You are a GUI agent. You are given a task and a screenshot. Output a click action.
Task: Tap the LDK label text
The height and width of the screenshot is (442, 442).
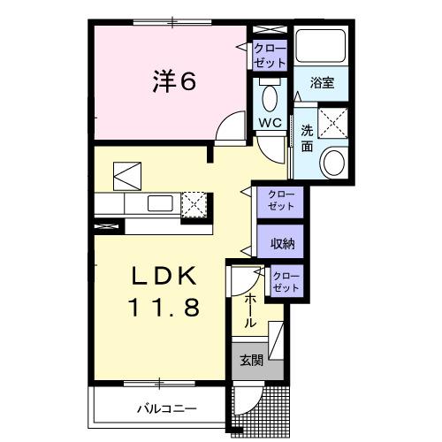(x=165, y=278)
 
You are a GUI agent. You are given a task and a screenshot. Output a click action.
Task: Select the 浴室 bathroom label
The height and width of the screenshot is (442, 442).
(x=323, y=83)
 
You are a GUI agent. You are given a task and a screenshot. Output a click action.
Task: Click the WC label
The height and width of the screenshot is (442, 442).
(x=270, y=122)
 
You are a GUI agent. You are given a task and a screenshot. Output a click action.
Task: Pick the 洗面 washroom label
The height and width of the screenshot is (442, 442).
(x=307, y=138)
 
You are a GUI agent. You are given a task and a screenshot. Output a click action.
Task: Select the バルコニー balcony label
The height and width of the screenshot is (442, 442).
(x=166, y=408)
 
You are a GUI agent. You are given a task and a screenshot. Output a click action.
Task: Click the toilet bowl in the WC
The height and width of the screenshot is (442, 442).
(x=270, y=95)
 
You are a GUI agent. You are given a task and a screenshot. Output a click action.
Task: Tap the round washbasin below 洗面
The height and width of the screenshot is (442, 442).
(x=334, y=161)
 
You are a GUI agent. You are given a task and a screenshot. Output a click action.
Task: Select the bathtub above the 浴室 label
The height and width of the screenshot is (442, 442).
(x=323, y=48)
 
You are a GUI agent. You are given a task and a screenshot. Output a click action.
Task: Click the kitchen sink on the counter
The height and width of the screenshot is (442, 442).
(x=161, y=204)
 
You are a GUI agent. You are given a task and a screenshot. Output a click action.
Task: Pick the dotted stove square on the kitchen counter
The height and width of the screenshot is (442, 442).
(x=194, y=205)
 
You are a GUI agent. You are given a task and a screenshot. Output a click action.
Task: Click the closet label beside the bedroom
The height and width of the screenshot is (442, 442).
(x=270, y=55)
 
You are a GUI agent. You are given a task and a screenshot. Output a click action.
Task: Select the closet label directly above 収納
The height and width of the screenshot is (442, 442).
(x=280, y=200)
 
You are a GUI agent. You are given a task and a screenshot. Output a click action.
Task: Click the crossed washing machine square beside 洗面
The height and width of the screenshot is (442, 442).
(x=334, y=122)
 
